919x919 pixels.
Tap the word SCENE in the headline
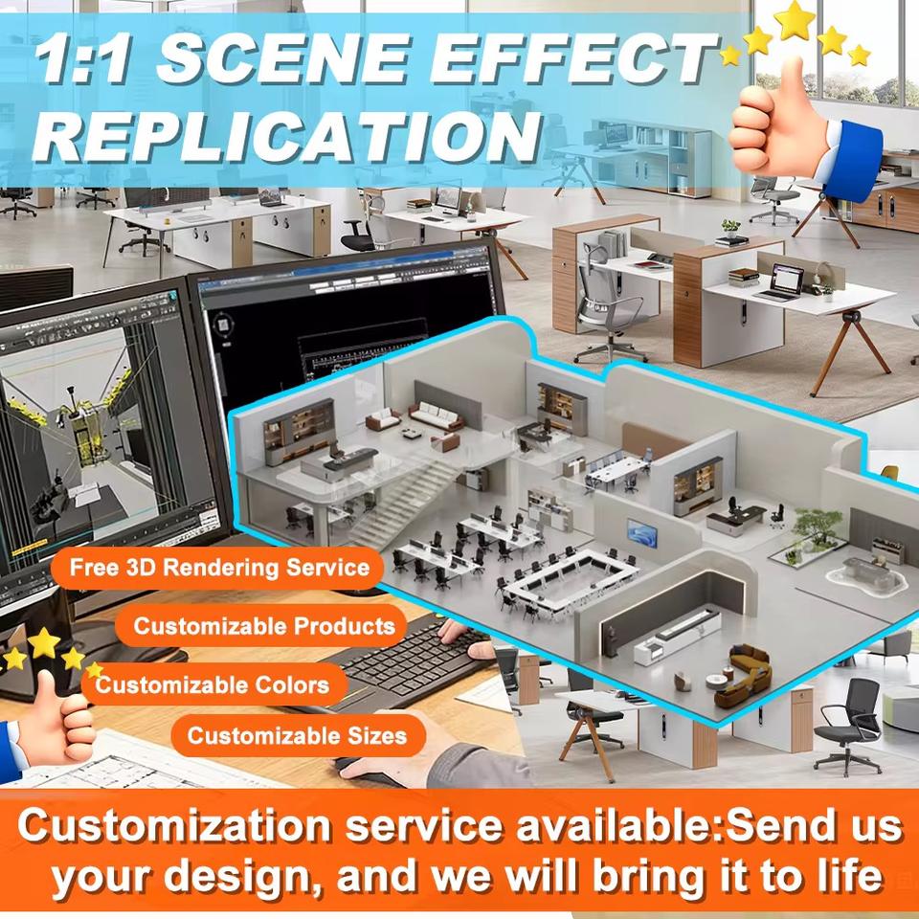point(285,58)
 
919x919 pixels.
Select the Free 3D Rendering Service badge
point(218,568)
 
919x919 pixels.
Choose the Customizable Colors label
point(213,684)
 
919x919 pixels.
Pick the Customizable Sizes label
point(297,735)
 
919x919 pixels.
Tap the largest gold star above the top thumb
point(795,20)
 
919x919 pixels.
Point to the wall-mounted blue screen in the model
point(641,533)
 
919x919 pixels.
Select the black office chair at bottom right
point(847,727)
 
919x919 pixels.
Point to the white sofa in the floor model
point(436,415)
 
